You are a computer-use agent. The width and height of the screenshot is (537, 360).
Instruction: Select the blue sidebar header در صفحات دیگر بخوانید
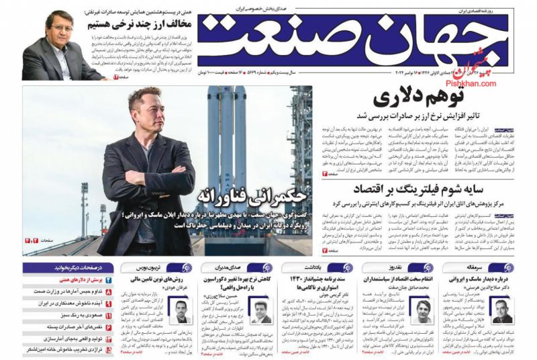click(63, 267)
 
